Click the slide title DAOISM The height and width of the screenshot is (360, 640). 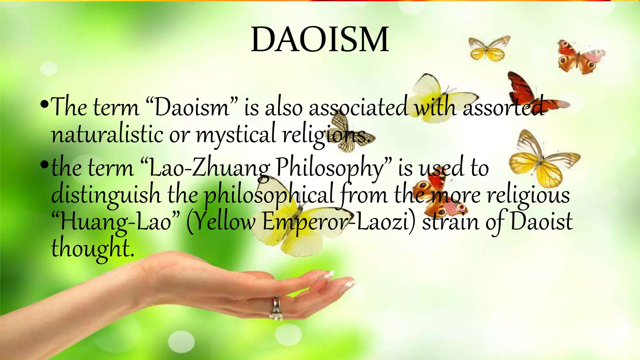pyautogui.click(x=320, y=40)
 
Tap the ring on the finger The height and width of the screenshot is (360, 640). pyautogui.click(x=277, y=307)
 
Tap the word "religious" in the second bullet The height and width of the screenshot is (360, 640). pyautogui.click(x=528, y=195)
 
